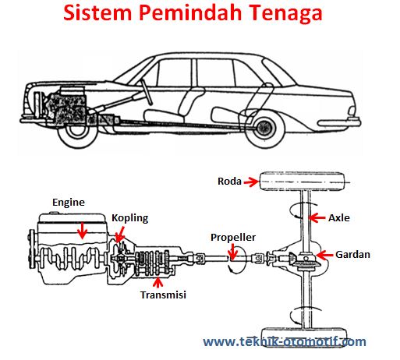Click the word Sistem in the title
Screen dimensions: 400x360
[x=97, y=12]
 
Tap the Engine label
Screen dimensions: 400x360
[x=69, y=203]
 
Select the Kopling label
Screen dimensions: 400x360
[x=130, y=218]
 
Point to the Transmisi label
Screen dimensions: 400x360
[x=163, y=295]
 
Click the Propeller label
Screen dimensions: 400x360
[x=233, y=238]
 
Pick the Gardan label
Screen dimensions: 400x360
[x=352, y=255]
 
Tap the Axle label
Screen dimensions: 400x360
[x=339, y=217]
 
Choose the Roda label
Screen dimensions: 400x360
[x=229, y=182]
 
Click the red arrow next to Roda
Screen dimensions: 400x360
[x=251, y=182]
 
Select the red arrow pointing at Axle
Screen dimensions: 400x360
[x=317, y=217]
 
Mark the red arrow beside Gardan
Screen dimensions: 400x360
[x=324, y=255]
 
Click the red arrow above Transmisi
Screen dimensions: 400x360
[x=158, y=283]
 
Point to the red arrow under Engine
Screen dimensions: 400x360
[x=83, y=230]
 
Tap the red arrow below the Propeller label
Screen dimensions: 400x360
[x=232, y=252]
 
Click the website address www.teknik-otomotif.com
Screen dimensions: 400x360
[x=285, y=341]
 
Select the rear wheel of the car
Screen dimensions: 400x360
[x=265, y=128]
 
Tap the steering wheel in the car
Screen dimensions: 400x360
[x=147, y=92]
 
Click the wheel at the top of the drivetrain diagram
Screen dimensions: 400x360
[x=303, y=182]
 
